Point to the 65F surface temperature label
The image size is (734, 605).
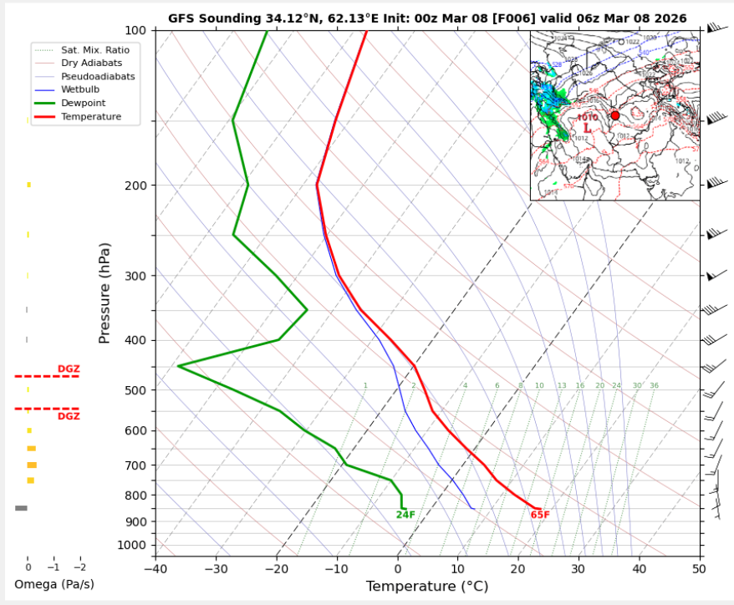(x=540, y=515)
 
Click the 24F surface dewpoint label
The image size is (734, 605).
(x=405, y=515)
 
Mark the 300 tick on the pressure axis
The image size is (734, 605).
(x=135, y=276)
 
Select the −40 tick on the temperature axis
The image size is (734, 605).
(x=155, y=570)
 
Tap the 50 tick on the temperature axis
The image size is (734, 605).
(x=699, y=570)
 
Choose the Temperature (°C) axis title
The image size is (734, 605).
(x=427, y=587)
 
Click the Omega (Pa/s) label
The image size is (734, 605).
(x=54, y=584)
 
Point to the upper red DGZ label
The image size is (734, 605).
(x=69, y=369)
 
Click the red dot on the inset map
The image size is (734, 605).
(x=615, y=115)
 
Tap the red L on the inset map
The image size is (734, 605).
(x=588, y=129)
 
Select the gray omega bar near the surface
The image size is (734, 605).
(x=21, y=508)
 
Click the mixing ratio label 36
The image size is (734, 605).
(x=654, y=386)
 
